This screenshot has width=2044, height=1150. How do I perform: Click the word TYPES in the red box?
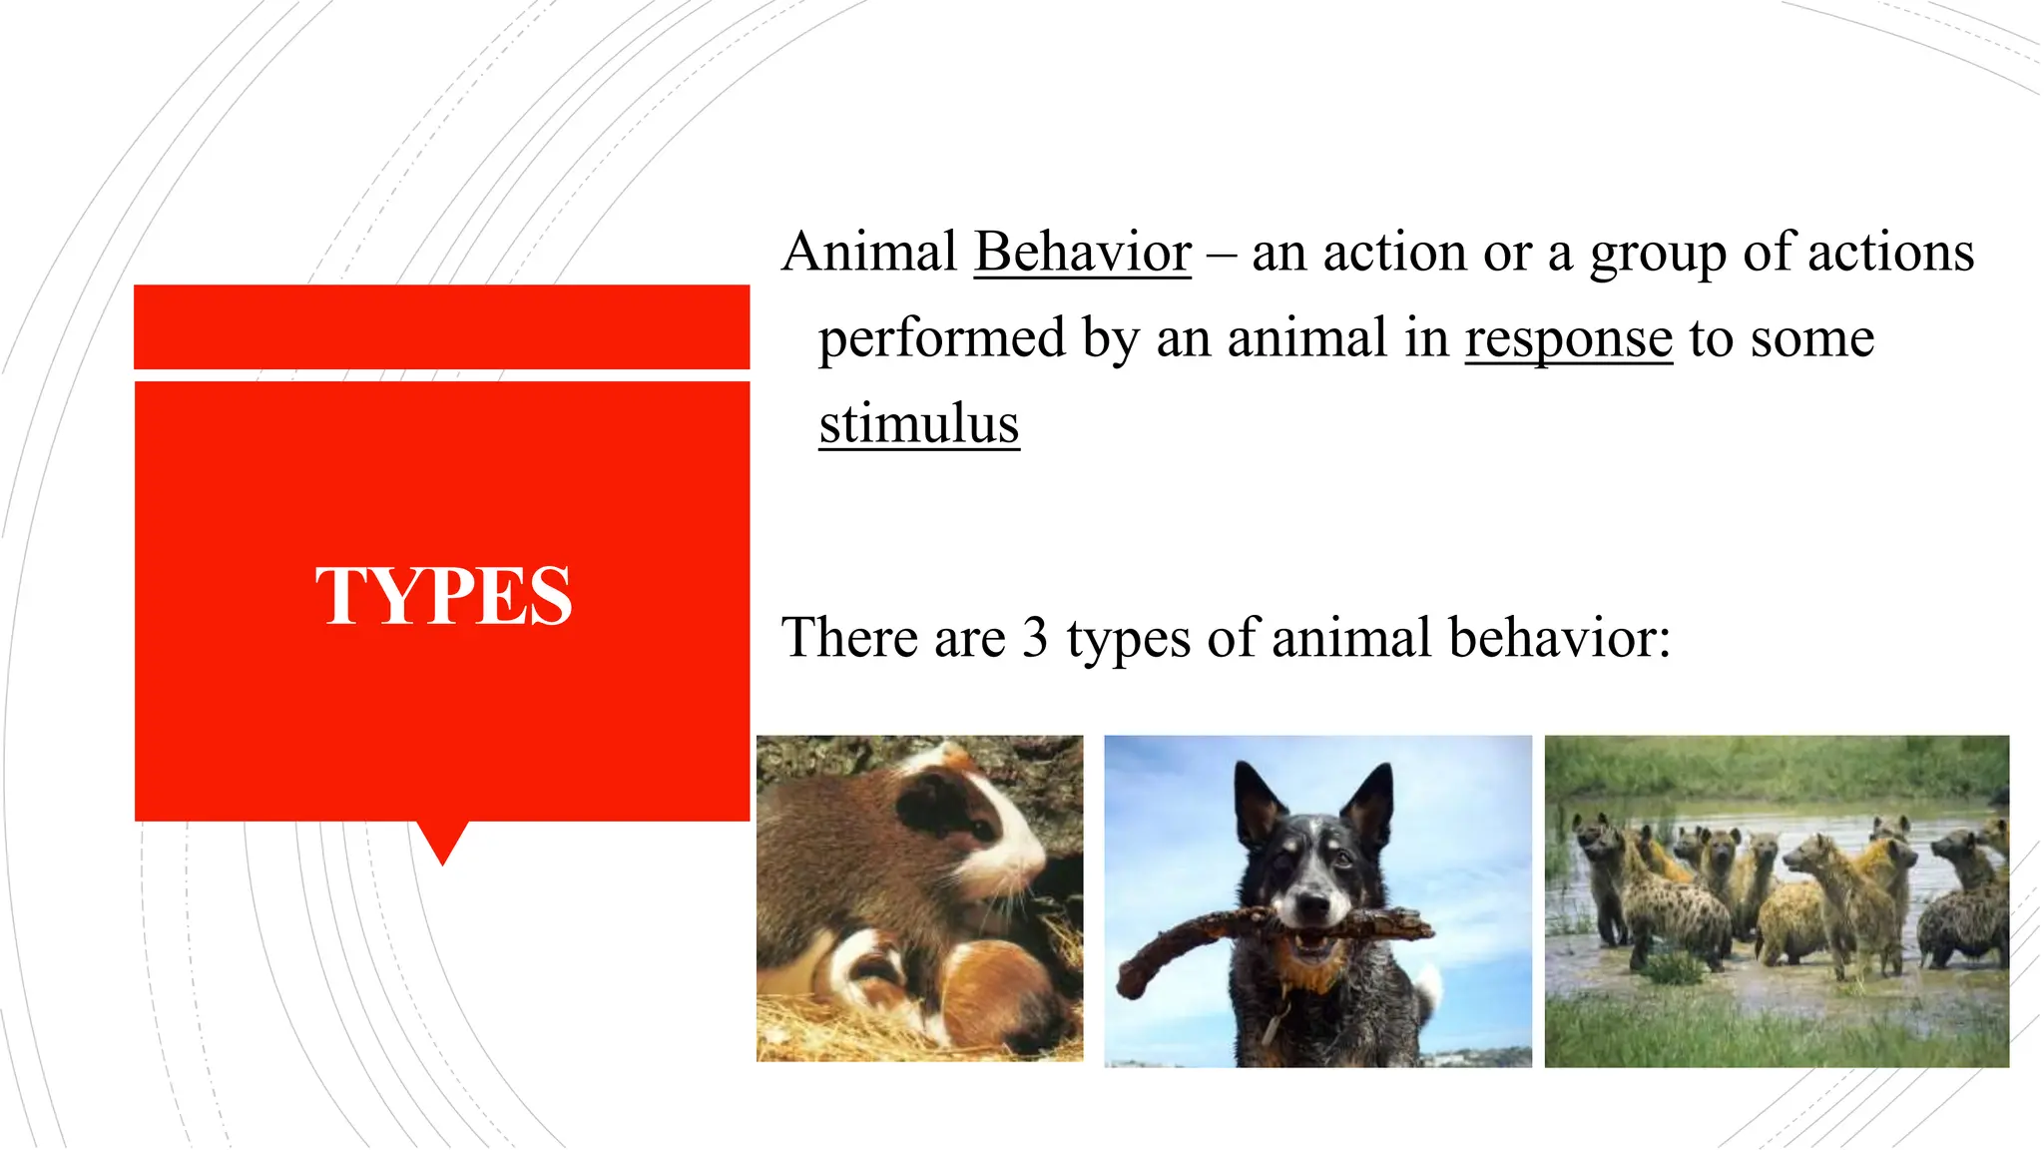[443, 596]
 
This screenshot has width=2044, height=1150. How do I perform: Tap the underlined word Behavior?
[1082, 252]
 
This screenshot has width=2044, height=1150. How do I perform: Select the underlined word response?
[1568, 338]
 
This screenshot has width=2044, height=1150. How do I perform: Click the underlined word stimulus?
[918, 424]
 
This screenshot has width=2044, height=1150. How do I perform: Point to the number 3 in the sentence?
[1035, 638]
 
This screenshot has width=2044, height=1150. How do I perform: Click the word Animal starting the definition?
[869, 252]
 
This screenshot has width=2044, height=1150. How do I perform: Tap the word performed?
[941, 338]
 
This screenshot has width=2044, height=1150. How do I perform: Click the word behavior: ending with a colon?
[1559, 638]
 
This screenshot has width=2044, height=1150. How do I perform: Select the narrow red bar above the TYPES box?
[441, 326]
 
